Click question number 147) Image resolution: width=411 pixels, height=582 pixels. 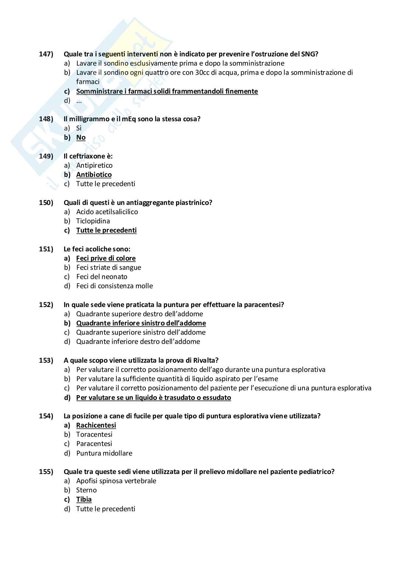tap(46, 54)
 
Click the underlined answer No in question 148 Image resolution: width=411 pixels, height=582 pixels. tap(81, 137)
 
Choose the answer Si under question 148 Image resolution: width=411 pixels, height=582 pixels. tap(79, 128)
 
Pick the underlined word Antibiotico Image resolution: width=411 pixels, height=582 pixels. tap(94, 175)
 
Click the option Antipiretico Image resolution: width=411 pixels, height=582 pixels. tap(94, 165)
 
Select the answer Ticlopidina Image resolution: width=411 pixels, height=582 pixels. tap(93, 221)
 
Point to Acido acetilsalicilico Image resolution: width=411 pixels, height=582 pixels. tap(107, 212)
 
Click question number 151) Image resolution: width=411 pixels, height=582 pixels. tap(46, 249)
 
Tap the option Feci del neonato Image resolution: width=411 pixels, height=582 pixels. tap(102, 277)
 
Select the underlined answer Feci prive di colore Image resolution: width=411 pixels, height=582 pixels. tap(106, 258)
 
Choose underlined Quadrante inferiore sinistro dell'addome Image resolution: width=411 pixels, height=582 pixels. tap(141, 323)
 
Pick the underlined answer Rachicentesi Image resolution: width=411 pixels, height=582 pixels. tap(96, 425)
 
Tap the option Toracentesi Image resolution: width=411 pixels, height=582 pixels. tap(94, 435)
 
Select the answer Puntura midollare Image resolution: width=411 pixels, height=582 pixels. tap(104, 453)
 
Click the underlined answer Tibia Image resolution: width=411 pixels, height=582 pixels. tap(84, 499)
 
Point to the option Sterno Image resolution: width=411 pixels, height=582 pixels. tap(86, 490)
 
